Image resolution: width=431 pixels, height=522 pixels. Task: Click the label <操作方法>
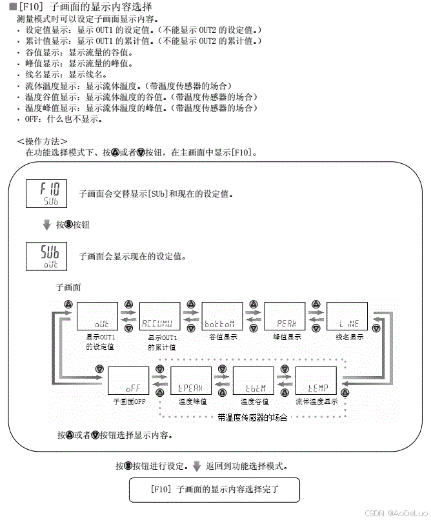[42, 141]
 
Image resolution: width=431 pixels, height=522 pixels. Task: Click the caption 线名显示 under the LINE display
[349, 337]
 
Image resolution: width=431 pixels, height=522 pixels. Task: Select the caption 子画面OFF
[129, 401]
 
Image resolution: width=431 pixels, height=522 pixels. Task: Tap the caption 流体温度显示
[317, 401]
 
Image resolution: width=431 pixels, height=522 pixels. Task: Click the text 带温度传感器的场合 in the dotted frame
[252, 417]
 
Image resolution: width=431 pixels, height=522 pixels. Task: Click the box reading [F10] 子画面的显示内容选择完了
[214, 490]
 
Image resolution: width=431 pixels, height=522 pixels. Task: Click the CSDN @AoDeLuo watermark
[393, 513]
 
